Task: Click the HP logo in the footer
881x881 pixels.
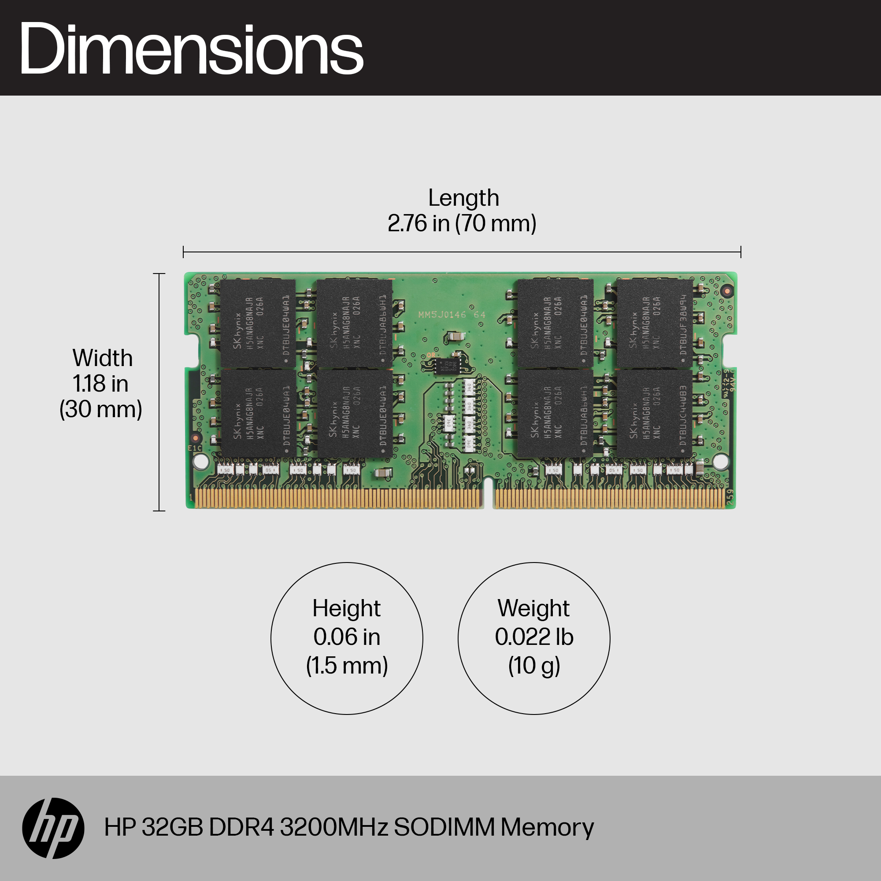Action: click(53, 828)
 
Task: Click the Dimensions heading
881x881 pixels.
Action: click(191, 49)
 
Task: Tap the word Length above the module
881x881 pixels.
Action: click(463, 198)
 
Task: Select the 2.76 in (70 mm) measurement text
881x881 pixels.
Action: click(462, 223)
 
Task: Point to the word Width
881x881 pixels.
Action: click(103, 358)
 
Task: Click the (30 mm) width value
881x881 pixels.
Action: click(101, 409)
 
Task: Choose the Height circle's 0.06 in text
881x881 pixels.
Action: click(347, 637)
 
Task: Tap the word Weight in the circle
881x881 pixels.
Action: click(533, 608)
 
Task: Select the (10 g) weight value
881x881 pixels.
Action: click(534, 666)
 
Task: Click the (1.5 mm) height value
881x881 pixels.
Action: click(347, 666)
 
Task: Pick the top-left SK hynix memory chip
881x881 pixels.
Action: click(258, 323)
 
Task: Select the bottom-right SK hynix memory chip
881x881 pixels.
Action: click(655, 413)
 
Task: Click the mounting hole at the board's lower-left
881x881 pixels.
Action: click(200, 462)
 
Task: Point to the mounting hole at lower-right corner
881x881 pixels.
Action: click(721, 462)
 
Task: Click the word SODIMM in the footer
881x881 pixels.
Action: click(444, 827)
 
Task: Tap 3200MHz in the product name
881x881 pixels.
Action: click(334, 827)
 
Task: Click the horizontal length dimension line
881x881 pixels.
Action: click(462, 252)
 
